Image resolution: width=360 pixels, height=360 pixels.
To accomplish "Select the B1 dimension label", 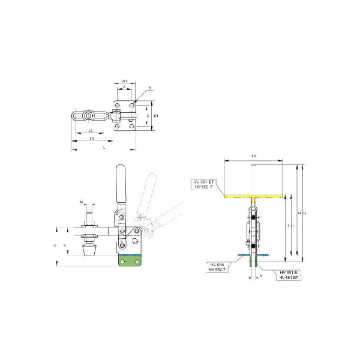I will [156, 115].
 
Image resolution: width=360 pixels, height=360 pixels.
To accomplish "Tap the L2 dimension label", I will [89, 130].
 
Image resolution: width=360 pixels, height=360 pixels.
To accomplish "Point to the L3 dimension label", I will [253, 155].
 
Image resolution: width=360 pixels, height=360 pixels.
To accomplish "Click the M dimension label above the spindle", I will [83, 201].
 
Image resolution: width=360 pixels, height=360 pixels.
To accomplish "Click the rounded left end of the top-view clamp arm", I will [74, 115].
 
